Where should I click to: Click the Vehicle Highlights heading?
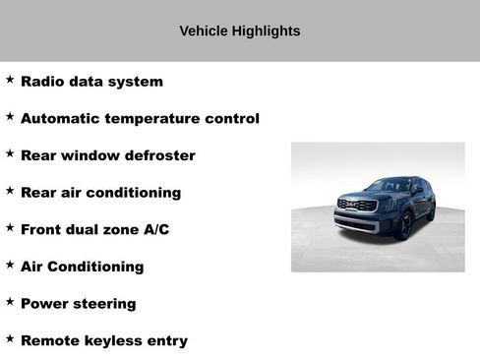click(240, 31)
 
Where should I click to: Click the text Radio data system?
click(91, 82)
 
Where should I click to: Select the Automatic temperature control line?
click(140, 119)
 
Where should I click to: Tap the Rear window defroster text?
click(107, 155)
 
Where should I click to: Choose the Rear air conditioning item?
click(100, 193)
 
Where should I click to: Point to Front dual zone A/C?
click(94, 229)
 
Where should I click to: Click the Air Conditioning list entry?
click(82, 267)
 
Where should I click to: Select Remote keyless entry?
click(103, 341)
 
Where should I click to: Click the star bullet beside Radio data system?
click(10, 80)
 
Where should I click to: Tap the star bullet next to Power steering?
click(10, 302)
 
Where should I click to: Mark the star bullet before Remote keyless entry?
click(10, 339)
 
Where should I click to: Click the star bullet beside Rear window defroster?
click(10, 153)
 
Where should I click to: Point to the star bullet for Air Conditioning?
click(10, 265)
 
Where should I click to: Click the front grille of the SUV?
click(356, 206)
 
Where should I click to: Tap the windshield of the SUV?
click(390, 186)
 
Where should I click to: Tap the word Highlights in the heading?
click(265, 31)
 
